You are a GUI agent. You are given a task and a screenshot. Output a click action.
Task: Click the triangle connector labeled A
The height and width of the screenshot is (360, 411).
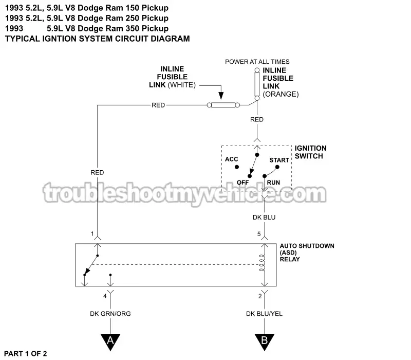pos(110,341)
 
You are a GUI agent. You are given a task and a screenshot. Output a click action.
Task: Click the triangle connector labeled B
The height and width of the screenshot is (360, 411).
pos(265,341)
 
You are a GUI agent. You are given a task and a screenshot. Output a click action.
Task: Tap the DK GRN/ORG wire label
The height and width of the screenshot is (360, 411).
pos(110,314)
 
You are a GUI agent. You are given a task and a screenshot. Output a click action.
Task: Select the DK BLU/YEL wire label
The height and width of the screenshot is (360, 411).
pos(265,314)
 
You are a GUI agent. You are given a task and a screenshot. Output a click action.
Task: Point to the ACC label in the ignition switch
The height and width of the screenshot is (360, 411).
pos(232,159)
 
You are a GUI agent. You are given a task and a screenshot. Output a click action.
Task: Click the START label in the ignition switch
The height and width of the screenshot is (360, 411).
pos(279,160)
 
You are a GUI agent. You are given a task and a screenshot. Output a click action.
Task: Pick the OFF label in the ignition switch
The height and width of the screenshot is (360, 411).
pos(243,183)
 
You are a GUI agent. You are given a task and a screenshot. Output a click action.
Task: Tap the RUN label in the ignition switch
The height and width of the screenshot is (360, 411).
pos(273,183)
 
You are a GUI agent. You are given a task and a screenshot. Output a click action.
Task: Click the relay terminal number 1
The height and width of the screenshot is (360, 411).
pos(92,234)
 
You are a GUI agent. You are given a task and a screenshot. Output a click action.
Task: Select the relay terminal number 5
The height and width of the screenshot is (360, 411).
pos(259,234)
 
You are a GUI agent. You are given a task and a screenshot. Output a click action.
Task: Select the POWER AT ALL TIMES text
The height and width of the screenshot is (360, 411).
pos(257,62)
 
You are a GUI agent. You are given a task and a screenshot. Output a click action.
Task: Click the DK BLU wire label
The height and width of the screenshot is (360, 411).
pos(265,218)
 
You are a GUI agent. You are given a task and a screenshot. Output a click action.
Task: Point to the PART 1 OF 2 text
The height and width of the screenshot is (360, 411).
pos(26,353)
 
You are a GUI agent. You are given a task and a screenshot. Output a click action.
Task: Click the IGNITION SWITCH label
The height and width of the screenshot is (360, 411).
pos(310,152)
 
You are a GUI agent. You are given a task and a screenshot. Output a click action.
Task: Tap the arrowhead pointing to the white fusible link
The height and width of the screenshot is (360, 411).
pos(221,96)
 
